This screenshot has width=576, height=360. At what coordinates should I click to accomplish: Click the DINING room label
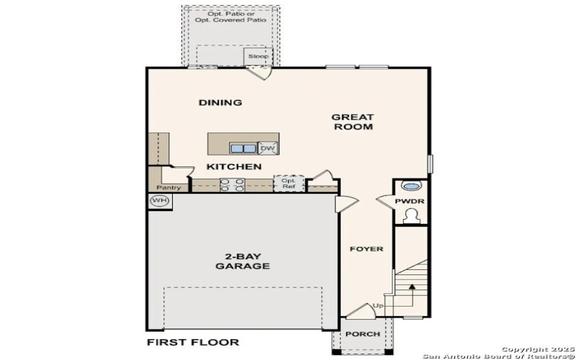(220, 102)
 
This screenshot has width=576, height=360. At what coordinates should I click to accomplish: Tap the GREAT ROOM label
(353, 122)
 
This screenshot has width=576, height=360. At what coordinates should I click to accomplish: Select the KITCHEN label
(234, 166)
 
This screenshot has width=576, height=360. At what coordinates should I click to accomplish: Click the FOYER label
(366, 249)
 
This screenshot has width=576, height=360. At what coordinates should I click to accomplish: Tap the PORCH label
(362, 335)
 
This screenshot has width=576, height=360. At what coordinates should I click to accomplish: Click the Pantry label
(168, 188)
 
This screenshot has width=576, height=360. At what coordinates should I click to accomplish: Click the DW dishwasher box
(267, 148)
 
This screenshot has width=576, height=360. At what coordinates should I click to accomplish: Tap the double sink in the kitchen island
(243, 148)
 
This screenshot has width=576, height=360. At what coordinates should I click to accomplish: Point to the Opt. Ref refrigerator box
(289, 183)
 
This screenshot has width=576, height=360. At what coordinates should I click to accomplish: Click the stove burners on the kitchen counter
(230, 184)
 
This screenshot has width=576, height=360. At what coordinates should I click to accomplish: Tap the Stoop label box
(258, 56)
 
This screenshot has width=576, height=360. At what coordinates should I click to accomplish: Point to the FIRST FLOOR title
(193, 342)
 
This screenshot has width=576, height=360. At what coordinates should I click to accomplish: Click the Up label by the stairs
(378, 306)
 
